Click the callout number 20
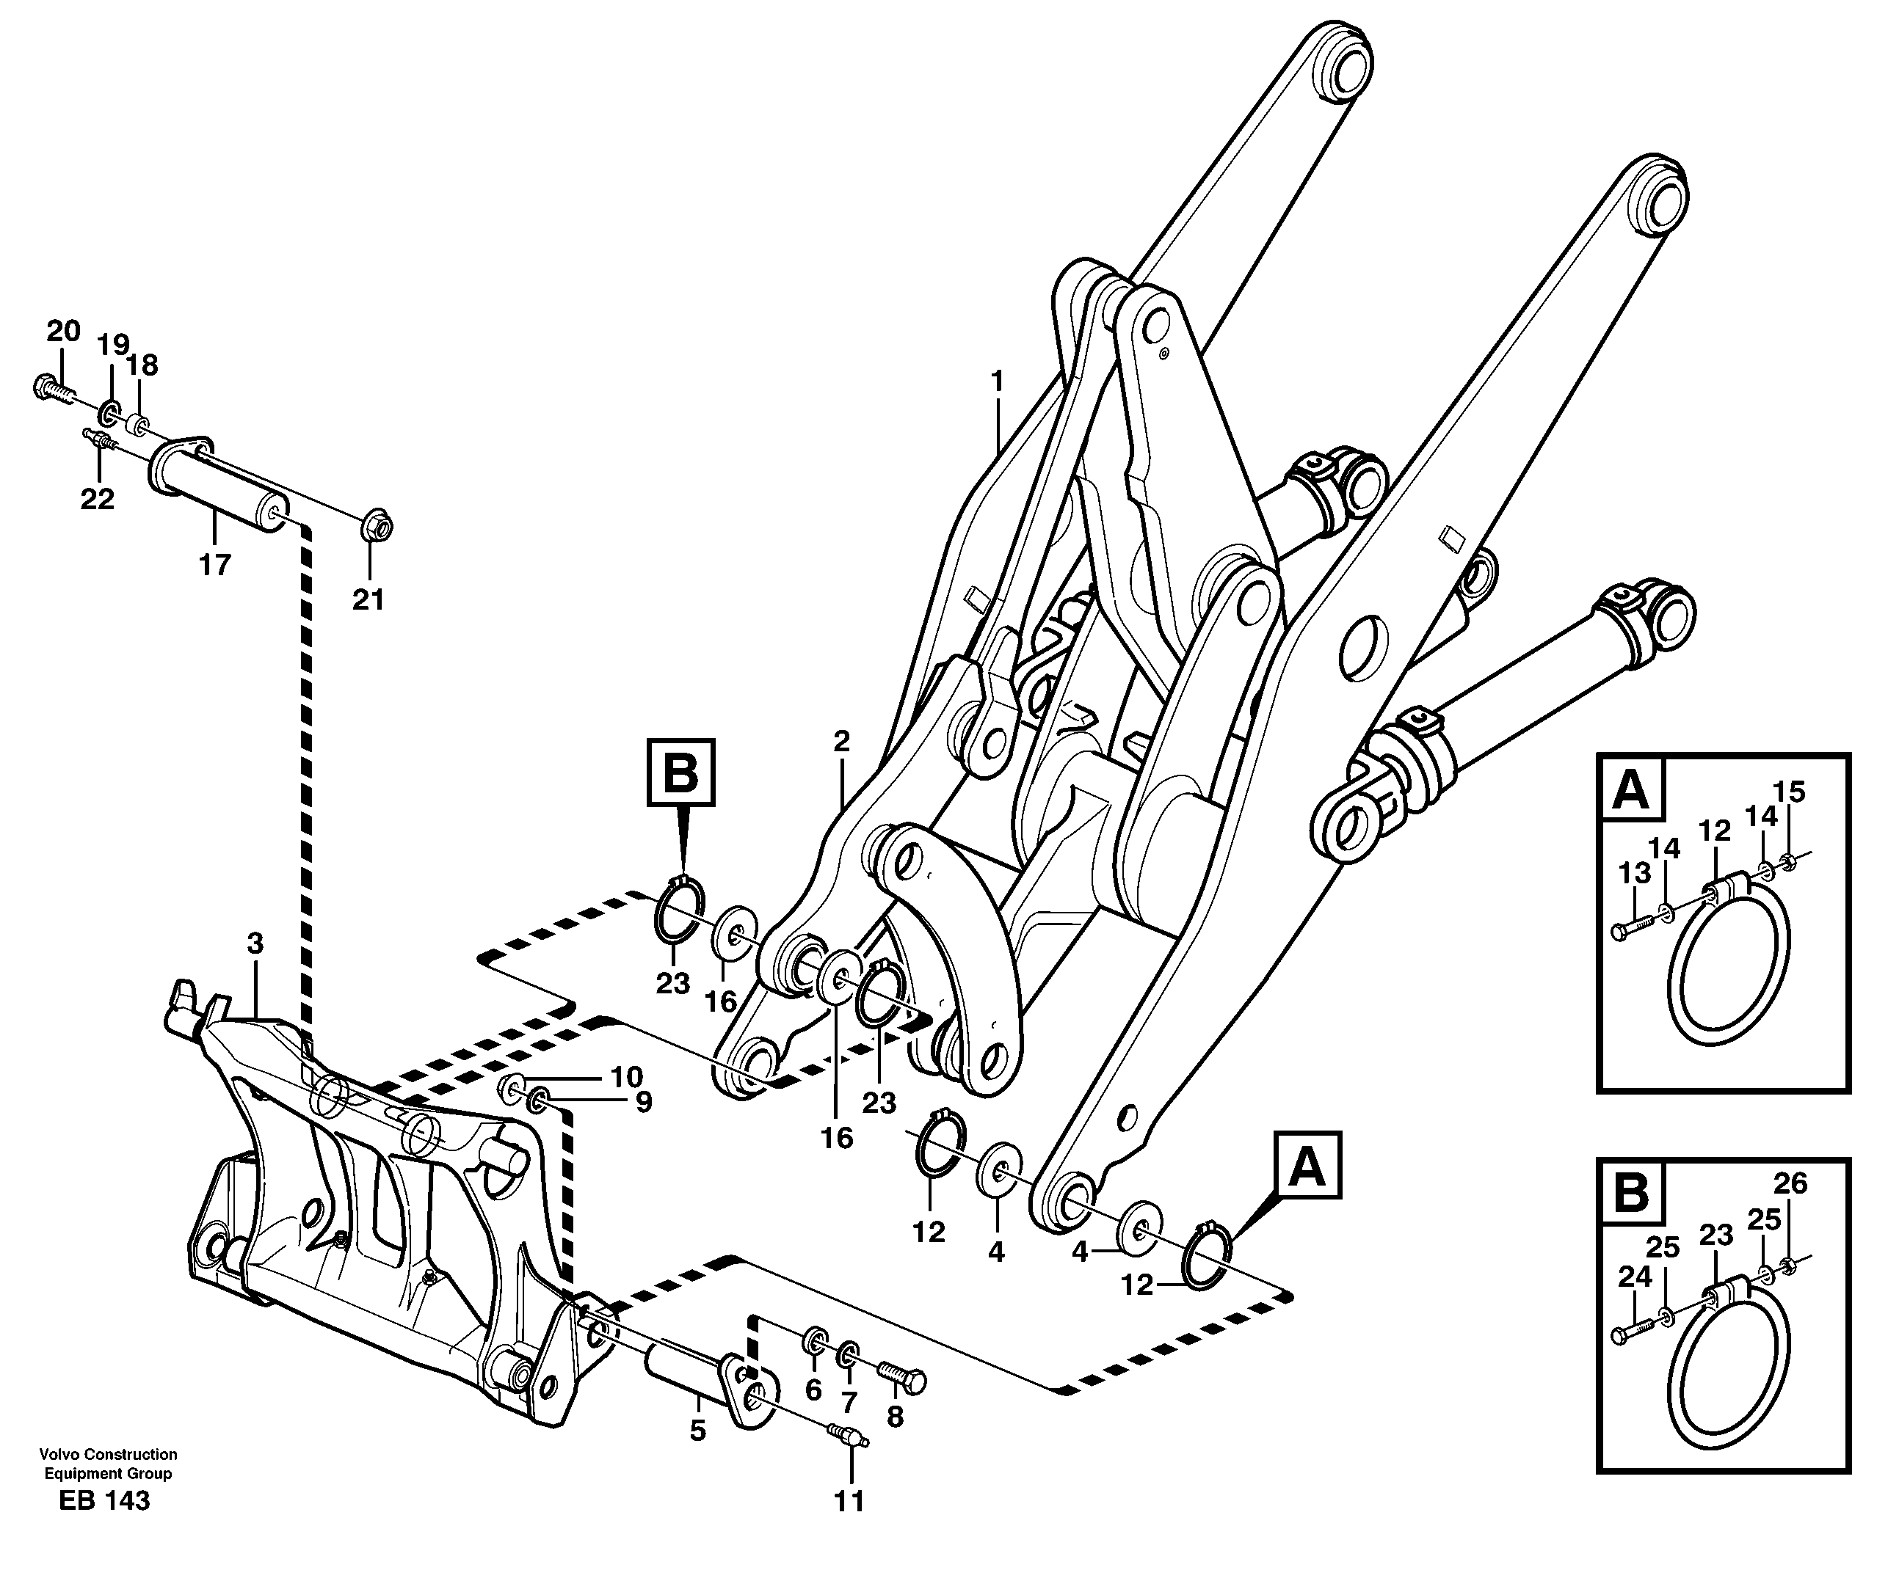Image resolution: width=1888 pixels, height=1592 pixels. coord(63,331)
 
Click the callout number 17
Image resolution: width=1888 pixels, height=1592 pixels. coord(215,565)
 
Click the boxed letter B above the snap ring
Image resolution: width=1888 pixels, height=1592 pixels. coord(680,773)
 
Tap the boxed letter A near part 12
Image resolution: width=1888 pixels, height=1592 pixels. coord(1307,1166)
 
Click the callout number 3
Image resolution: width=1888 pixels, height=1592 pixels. coord(255,944)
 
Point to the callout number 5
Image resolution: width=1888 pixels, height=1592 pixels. coord(697,1431)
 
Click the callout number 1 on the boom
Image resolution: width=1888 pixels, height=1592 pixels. coord(997,381)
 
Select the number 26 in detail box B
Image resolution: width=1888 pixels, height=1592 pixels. coord(1790,1183)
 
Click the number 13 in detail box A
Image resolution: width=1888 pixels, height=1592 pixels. coord(1634,873)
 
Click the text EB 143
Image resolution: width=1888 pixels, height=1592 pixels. coord(105,1501)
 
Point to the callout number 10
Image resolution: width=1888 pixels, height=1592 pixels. coord(625,1077)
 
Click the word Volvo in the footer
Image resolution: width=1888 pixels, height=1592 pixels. coord(55,1455)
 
